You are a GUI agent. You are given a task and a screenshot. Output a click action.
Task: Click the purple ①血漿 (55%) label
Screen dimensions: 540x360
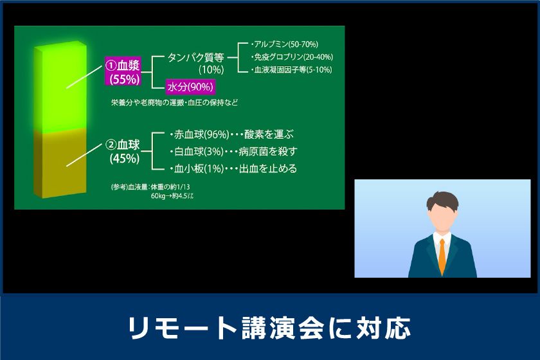click(123, 71)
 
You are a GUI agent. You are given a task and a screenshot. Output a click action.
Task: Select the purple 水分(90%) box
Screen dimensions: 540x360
click(190, 87)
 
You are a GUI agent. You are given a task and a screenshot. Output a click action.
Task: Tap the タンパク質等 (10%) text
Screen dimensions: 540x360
click(195, 63)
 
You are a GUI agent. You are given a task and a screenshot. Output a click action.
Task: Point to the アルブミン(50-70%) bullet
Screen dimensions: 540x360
click(285, 44)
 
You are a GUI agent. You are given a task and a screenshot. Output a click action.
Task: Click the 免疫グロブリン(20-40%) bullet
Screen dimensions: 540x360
click(292, 57)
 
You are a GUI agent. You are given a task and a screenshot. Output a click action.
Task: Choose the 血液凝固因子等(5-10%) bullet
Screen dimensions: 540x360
click(292, 70)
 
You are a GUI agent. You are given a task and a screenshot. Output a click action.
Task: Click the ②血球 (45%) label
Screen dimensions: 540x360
click(123, 152)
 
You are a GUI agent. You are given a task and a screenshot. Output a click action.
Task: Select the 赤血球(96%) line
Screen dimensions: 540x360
click(232, 134)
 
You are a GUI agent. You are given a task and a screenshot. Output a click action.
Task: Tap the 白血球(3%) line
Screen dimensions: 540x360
click(233, 151)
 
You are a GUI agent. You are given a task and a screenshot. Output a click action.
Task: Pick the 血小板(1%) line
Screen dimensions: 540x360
click(233, 168)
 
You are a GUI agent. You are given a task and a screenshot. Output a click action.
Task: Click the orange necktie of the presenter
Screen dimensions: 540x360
click(442, 256)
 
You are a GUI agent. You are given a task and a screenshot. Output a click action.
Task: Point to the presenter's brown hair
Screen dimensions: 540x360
click(442, 201)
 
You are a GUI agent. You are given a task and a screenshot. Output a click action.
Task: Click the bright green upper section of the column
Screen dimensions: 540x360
click(60, 88)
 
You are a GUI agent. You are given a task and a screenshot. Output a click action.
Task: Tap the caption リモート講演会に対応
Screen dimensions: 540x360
click(269, 327)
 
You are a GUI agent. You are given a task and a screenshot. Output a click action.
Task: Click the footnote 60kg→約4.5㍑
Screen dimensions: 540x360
click(172, 196)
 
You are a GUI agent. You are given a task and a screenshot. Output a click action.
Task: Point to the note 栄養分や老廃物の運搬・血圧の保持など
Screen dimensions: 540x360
click(174, 103)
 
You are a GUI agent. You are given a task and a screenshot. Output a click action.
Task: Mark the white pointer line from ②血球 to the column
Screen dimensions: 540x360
click(85, 156)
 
